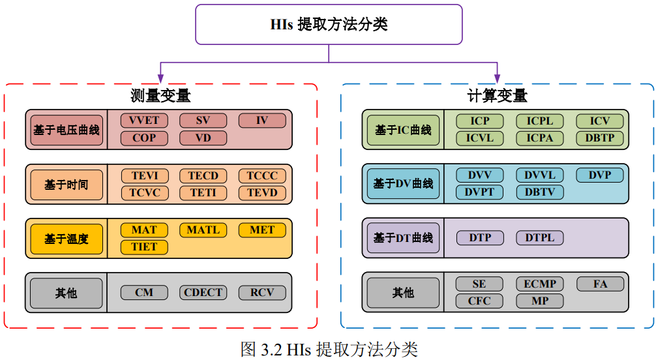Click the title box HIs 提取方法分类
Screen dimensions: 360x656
click(x=329, y=25)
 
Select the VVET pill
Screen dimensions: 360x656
click(x=144, y=121)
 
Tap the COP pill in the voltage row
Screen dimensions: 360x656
click(x=144, y=138)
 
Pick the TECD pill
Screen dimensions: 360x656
click(x=203, y=176)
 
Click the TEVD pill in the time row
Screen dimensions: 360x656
click(x=262, y=192)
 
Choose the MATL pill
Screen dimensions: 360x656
click(x=203, y=230)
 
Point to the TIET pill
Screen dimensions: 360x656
click(x=144, y=247)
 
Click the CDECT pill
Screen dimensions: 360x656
click(x=203, y=292)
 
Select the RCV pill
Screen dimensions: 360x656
click(x=262, y=292)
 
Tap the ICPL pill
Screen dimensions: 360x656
click(x=540, y=121)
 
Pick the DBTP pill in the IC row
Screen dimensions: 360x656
click(x=599, y=138)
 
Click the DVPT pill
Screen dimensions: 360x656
click(x=480, y=192)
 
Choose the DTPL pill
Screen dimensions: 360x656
click(x=540, y=237)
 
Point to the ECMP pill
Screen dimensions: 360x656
click(x=540, y=284)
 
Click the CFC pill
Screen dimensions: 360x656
click(x=480, y=301)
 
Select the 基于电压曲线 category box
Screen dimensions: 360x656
click(x=67, y=130)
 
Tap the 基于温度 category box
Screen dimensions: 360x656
click(x=67, y=239)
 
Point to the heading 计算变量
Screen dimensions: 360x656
click(x=498, y=97)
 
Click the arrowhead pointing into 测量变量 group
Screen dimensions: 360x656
click(x=160, y=77)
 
